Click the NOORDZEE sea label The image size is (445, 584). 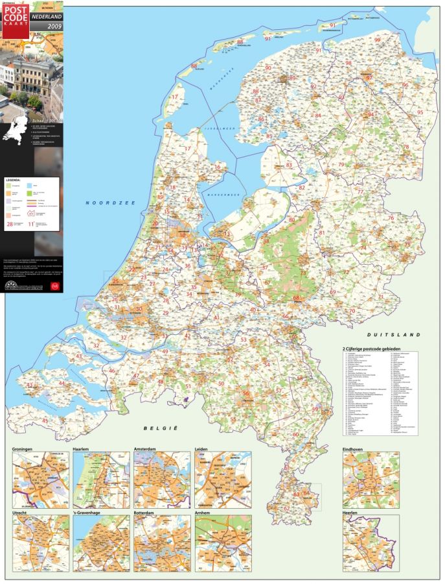tap(110, 203)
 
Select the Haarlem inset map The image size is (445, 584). tap(101, 480)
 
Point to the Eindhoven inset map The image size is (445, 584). tap(371, 480)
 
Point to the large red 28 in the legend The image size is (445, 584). tap(10, 225)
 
